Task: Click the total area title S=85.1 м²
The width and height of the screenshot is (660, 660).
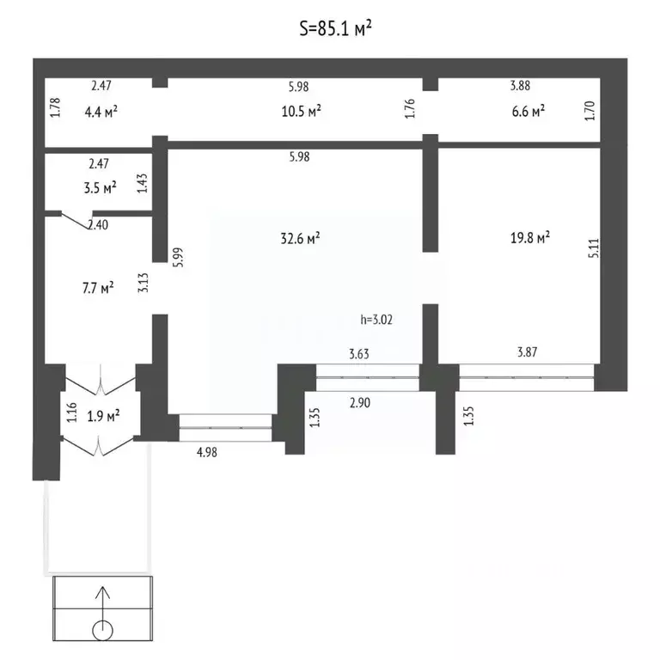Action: tap(335, 28)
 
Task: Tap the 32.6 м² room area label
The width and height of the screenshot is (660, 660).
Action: tap(300, 238)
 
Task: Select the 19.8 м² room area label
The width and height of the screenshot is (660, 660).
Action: tap(530, 238)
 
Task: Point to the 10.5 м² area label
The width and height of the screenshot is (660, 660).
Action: tap(301, 112)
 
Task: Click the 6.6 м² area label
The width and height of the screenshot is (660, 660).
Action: tap(529, 112)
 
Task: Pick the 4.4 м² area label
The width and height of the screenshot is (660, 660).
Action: tap(101, 112)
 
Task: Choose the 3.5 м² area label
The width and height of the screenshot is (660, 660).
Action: tap(101, 187)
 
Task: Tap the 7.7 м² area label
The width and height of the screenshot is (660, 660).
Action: tap(98, 289)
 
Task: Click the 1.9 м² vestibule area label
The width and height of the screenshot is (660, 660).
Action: tap(103, 416)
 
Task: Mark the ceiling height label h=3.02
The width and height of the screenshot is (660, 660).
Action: tap(376, 320)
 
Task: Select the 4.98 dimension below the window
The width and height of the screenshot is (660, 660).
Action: tap(206, 452)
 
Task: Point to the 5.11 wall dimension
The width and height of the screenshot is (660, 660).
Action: tap(594, 248)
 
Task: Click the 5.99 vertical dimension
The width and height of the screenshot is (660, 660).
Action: tap(178, 257)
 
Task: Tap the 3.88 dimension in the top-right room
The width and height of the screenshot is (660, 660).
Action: tap(520, 85)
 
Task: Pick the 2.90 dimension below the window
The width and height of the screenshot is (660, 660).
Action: tap(360, 403)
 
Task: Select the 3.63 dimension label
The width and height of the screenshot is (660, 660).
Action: tap(359, 354)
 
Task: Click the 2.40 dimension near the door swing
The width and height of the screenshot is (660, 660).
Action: tap(98, 225)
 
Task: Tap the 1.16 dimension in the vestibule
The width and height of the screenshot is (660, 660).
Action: tap(72, 412)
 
